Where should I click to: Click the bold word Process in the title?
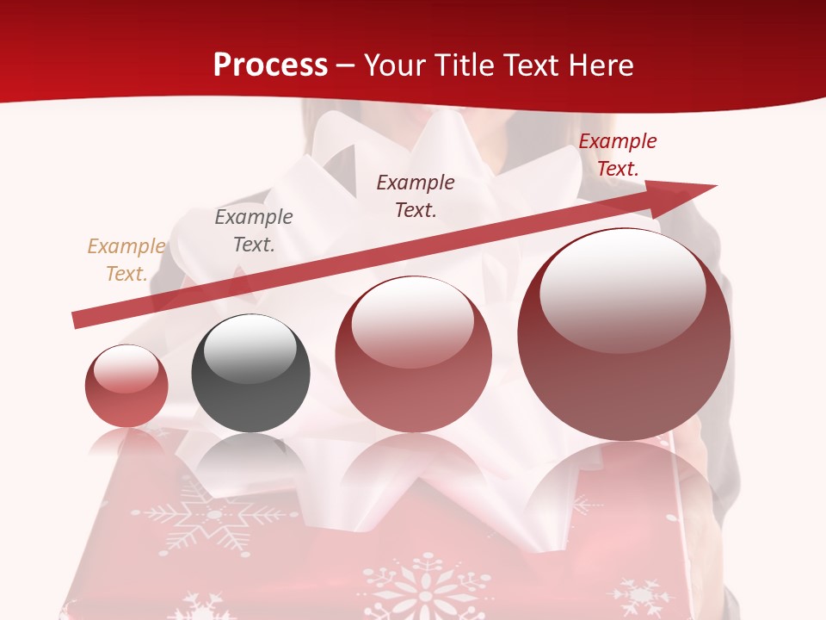coord(270,65)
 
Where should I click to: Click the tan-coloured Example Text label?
coord(126,260)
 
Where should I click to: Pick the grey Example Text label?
coord(254,231)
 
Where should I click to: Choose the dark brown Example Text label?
coord(416,196)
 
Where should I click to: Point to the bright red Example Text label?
coord(618,155)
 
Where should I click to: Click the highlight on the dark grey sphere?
coord(250,349)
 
